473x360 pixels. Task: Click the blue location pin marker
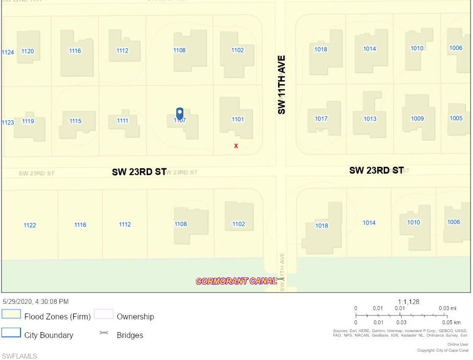179,113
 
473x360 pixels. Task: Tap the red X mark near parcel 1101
236,146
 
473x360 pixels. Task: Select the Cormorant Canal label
236,281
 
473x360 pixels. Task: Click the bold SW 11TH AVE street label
281,85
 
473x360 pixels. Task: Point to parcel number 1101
237,119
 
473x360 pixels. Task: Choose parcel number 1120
28,51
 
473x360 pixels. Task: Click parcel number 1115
75,121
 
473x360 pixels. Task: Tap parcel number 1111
123,121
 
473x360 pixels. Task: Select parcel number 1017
321,119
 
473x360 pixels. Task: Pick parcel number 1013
370,119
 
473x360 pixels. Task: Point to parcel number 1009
417,118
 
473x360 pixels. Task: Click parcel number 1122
30,225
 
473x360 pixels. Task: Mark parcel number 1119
28,121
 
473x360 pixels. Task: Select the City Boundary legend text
49,335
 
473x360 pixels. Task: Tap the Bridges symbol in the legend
104,333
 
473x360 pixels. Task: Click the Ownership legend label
135,316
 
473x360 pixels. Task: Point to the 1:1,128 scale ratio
408,302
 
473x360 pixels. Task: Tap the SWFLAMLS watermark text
20,356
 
